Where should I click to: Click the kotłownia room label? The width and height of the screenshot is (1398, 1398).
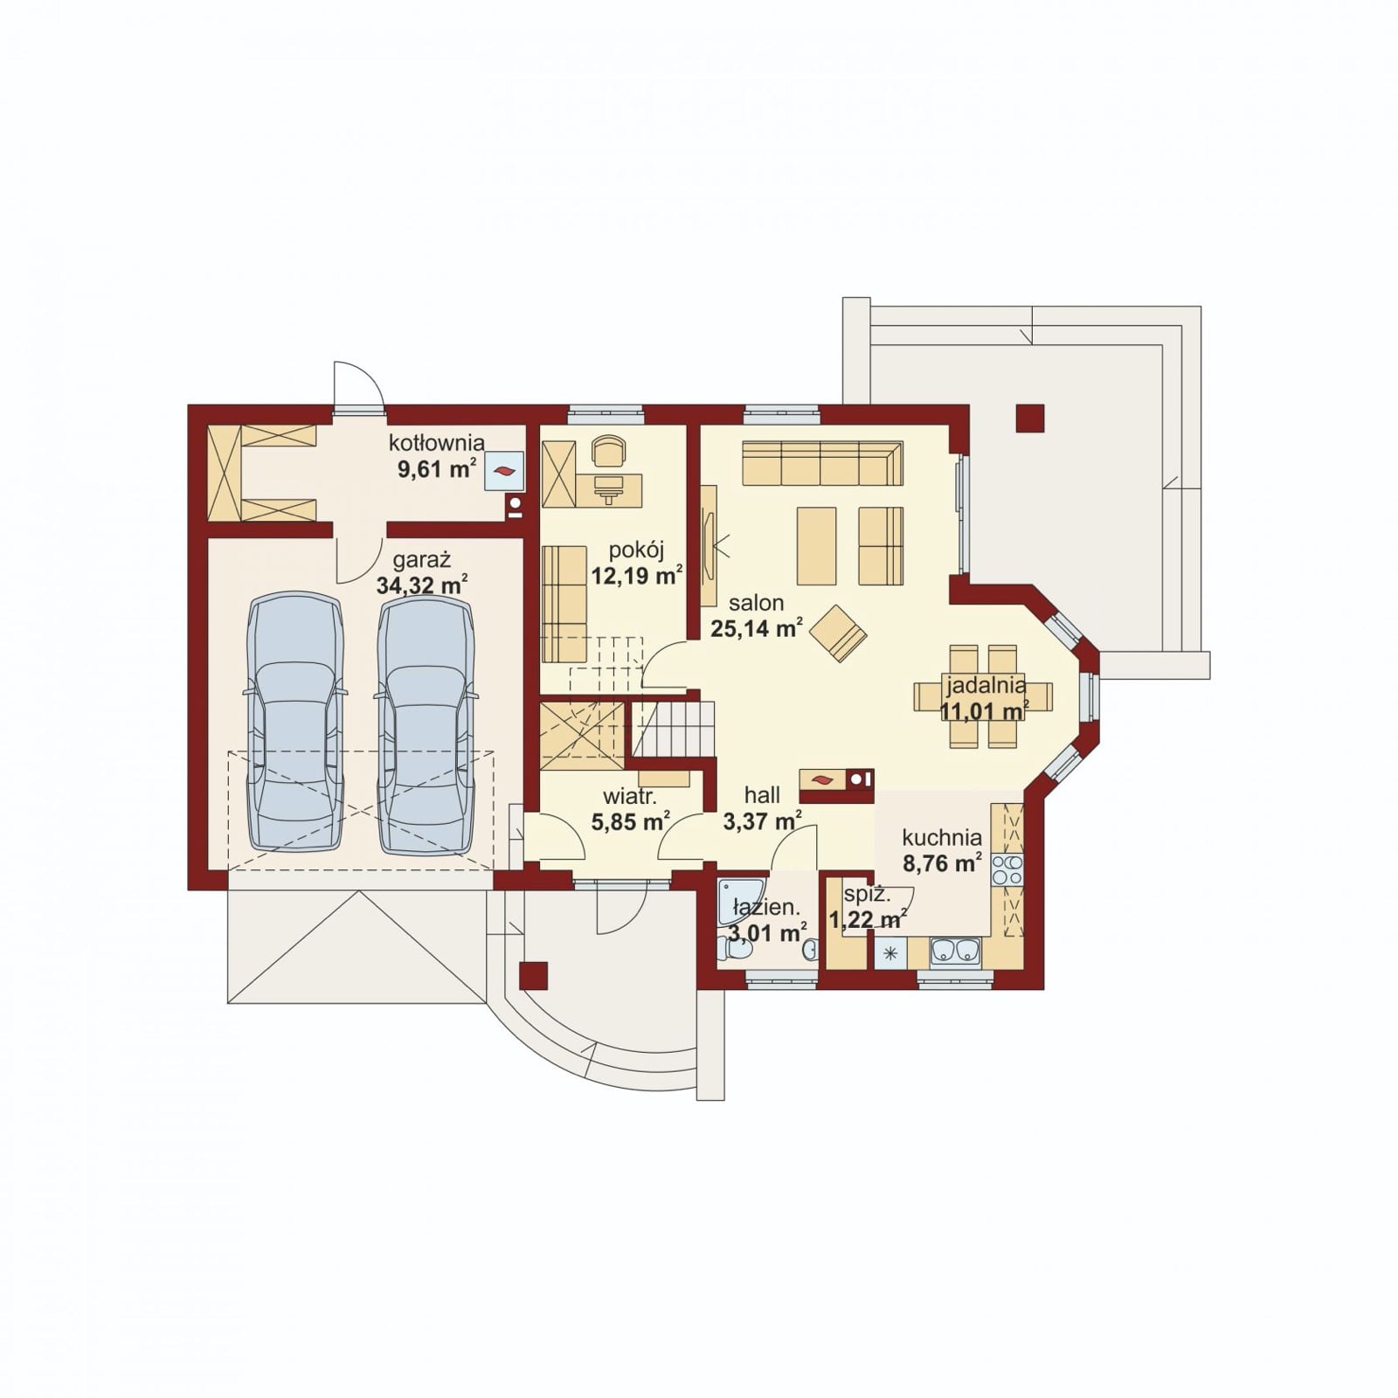point(437,443)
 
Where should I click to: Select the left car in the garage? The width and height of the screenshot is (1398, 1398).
point(295,722)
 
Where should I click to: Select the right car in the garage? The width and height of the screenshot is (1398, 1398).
point(426,722)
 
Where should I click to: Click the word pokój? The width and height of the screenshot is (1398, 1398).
point(637,551)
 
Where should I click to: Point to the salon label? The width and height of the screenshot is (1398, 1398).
point(757,603)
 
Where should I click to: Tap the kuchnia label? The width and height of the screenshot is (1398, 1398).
point(942,838)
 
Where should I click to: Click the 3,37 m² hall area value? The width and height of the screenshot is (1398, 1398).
point(763,820)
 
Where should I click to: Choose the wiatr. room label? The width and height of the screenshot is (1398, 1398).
point(630,797)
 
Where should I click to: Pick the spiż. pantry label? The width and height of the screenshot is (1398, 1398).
point(868,895)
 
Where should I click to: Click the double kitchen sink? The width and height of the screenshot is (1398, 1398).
point(956,951)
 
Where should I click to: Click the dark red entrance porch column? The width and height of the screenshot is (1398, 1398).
point(533,975)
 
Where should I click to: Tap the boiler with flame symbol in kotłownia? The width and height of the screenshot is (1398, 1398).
point(505,471)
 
